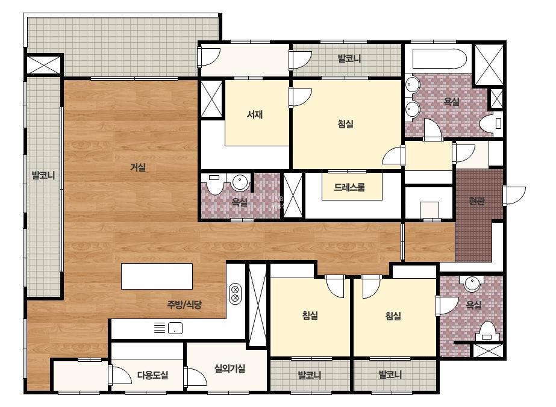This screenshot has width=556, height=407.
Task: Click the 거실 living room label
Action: coord(137,167)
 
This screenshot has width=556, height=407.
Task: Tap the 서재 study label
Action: coord(255,114)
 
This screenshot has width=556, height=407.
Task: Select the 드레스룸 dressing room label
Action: coord(349,187)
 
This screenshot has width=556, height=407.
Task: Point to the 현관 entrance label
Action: coord(476,201)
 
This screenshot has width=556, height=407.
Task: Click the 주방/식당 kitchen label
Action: coord(184,304)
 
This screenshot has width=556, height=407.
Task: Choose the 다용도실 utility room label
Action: coord(153,374)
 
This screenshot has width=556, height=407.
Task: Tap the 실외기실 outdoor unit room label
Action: coord(230,368)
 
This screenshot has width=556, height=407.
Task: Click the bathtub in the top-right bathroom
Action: coord(439,59)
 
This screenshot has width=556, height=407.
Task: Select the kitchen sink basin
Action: coord(175,328)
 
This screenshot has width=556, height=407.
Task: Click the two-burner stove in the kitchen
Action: coord(235,294)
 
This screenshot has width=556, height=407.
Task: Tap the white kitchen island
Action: coord(157,276)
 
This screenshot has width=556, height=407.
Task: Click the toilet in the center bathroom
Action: coord(214,183)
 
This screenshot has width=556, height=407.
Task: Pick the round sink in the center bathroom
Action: coord(240,182)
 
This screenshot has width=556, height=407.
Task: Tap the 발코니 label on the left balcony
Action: coord(43,175)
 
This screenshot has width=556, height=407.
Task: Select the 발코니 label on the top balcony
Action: coord(349,58)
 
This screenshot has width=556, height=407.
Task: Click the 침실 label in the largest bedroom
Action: coord(345,124)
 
